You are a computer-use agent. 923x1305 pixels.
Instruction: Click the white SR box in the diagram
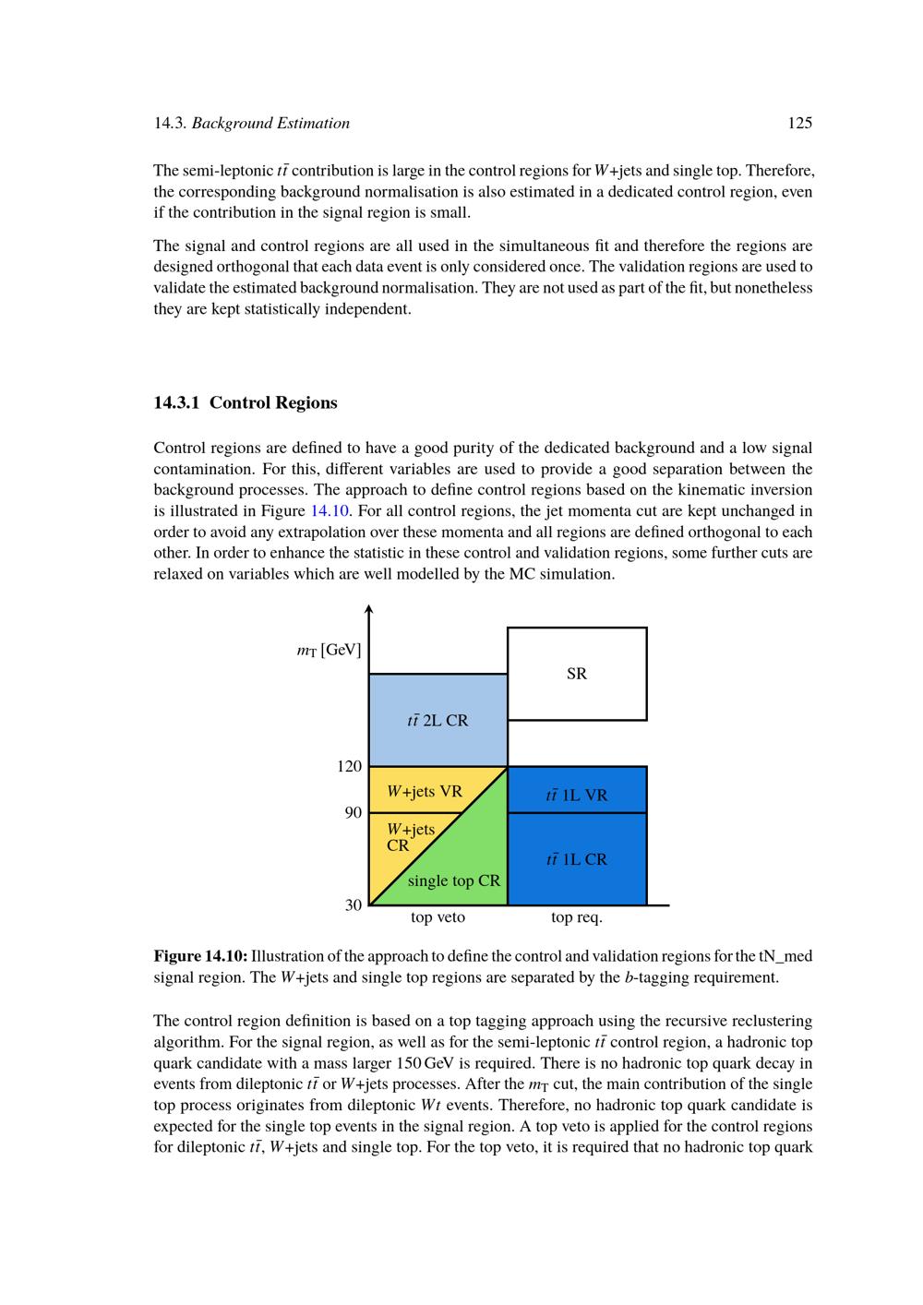577,674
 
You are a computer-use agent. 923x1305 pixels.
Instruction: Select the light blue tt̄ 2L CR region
438,720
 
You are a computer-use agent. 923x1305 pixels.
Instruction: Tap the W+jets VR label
425,791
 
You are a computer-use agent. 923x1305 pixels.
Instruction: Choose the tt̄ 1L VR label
577,795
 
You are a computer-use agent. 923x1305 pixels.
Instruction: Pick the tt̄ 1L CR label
577,859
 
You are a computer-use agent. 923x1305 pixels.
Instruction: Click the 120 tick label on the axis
350,766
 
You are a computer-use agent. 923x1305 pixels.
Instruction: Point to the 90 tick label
354,812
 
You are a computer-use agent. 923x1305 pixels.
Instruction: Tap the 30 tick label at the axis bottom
354,904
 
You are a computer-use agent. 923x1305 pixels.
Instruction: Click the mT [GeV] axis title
329,650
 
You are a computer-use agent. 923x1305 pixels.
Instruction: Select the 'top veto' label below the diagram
438,917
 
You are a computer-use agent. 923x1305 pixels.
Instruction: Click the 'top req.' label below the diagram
577,917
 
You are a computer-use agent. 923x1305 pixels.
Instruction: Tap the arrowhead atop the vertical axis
368,609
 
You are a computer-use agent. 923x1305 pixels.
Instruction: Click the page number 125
800,123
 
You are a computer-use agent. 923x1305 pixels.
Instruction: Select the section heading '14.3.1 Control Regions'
246,402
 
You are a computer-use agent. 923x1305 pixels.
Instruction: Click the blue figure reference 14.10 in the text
330,510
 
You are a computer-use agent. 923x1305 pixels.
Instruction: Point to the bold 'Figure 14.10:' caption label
200,955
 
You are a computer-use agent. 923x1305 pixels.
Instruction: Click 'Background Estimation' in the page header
270,123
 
